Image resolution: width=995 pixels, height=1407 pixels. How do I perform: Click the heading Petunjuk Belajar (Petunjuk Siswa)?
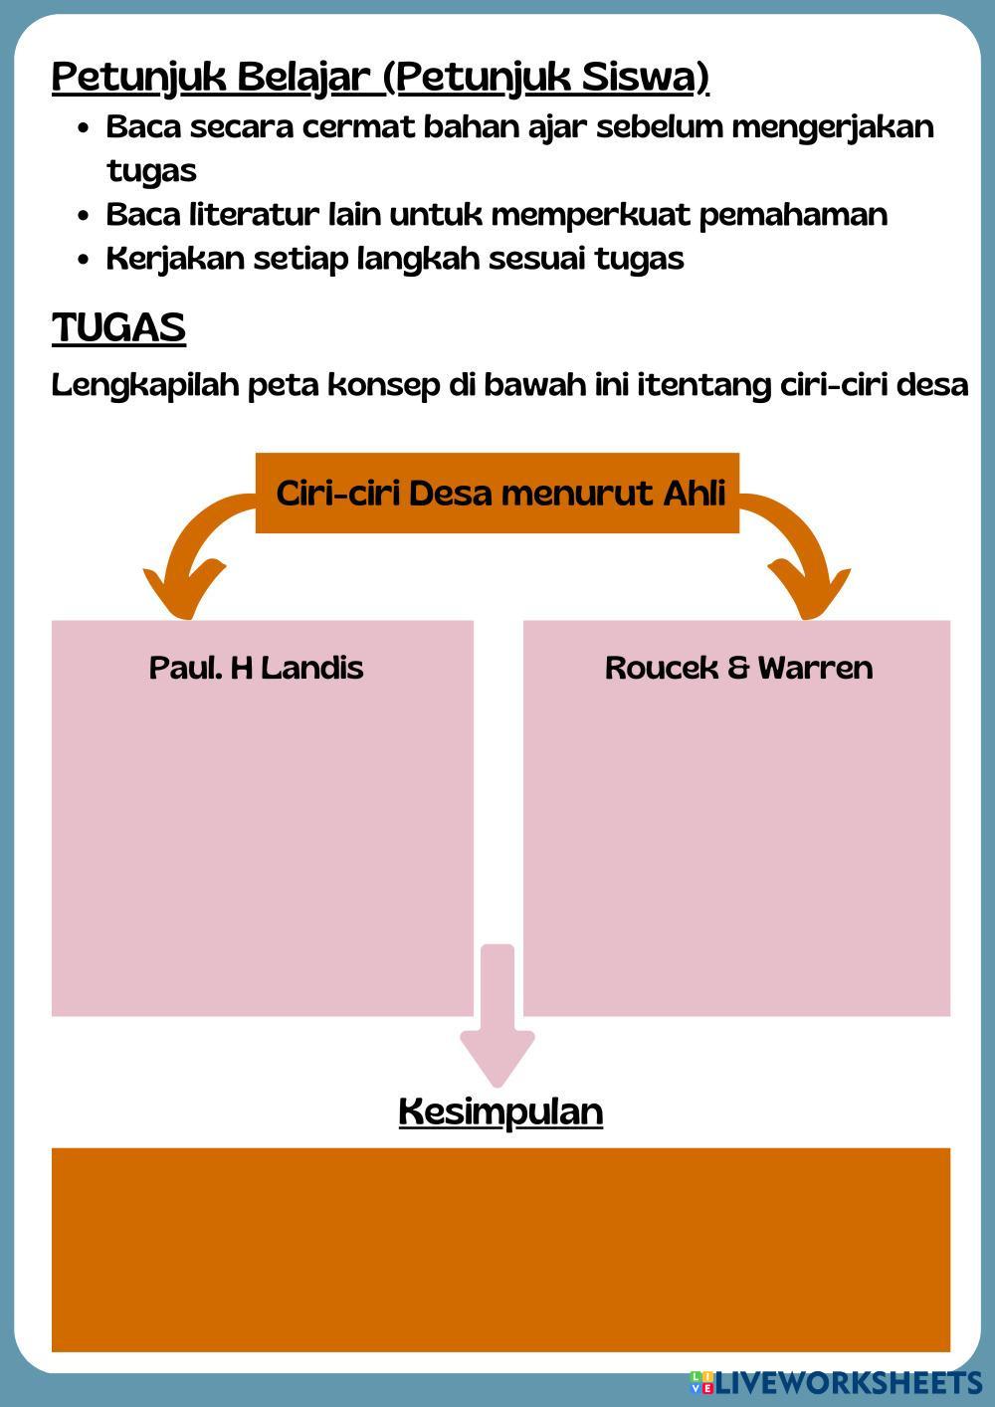(380, 77)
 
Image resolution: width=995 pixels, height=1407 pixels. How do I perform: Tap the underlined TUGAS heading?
(118, 327)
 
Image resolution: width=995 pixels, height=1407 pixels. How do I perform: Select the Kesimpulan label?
(500, 1110)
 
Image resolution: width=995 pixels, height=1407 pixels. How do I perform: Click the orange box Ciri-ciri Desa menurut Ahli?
(497, 494)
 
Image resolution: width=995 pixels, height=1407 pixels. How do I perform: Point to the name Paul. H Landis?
(256, 667)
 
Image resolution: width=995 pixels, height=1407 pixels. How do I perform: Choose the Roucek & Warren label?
(738, 667)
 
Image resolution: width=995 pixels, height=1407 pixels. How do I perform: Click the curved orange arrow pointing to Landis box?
(194, 557)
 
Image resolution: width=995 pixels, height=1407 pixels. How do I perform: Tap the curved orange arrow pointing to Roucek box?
(801, 557)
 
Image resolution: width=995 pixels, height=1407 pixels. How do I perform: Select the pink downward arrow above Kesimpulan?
(497, 1015)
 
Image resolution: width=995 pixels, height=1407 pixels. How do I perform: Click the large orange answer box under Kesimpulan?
(500, 1249)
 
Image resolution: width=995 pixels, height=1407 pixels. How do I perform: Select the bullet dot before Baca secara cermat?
(85, 128)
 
